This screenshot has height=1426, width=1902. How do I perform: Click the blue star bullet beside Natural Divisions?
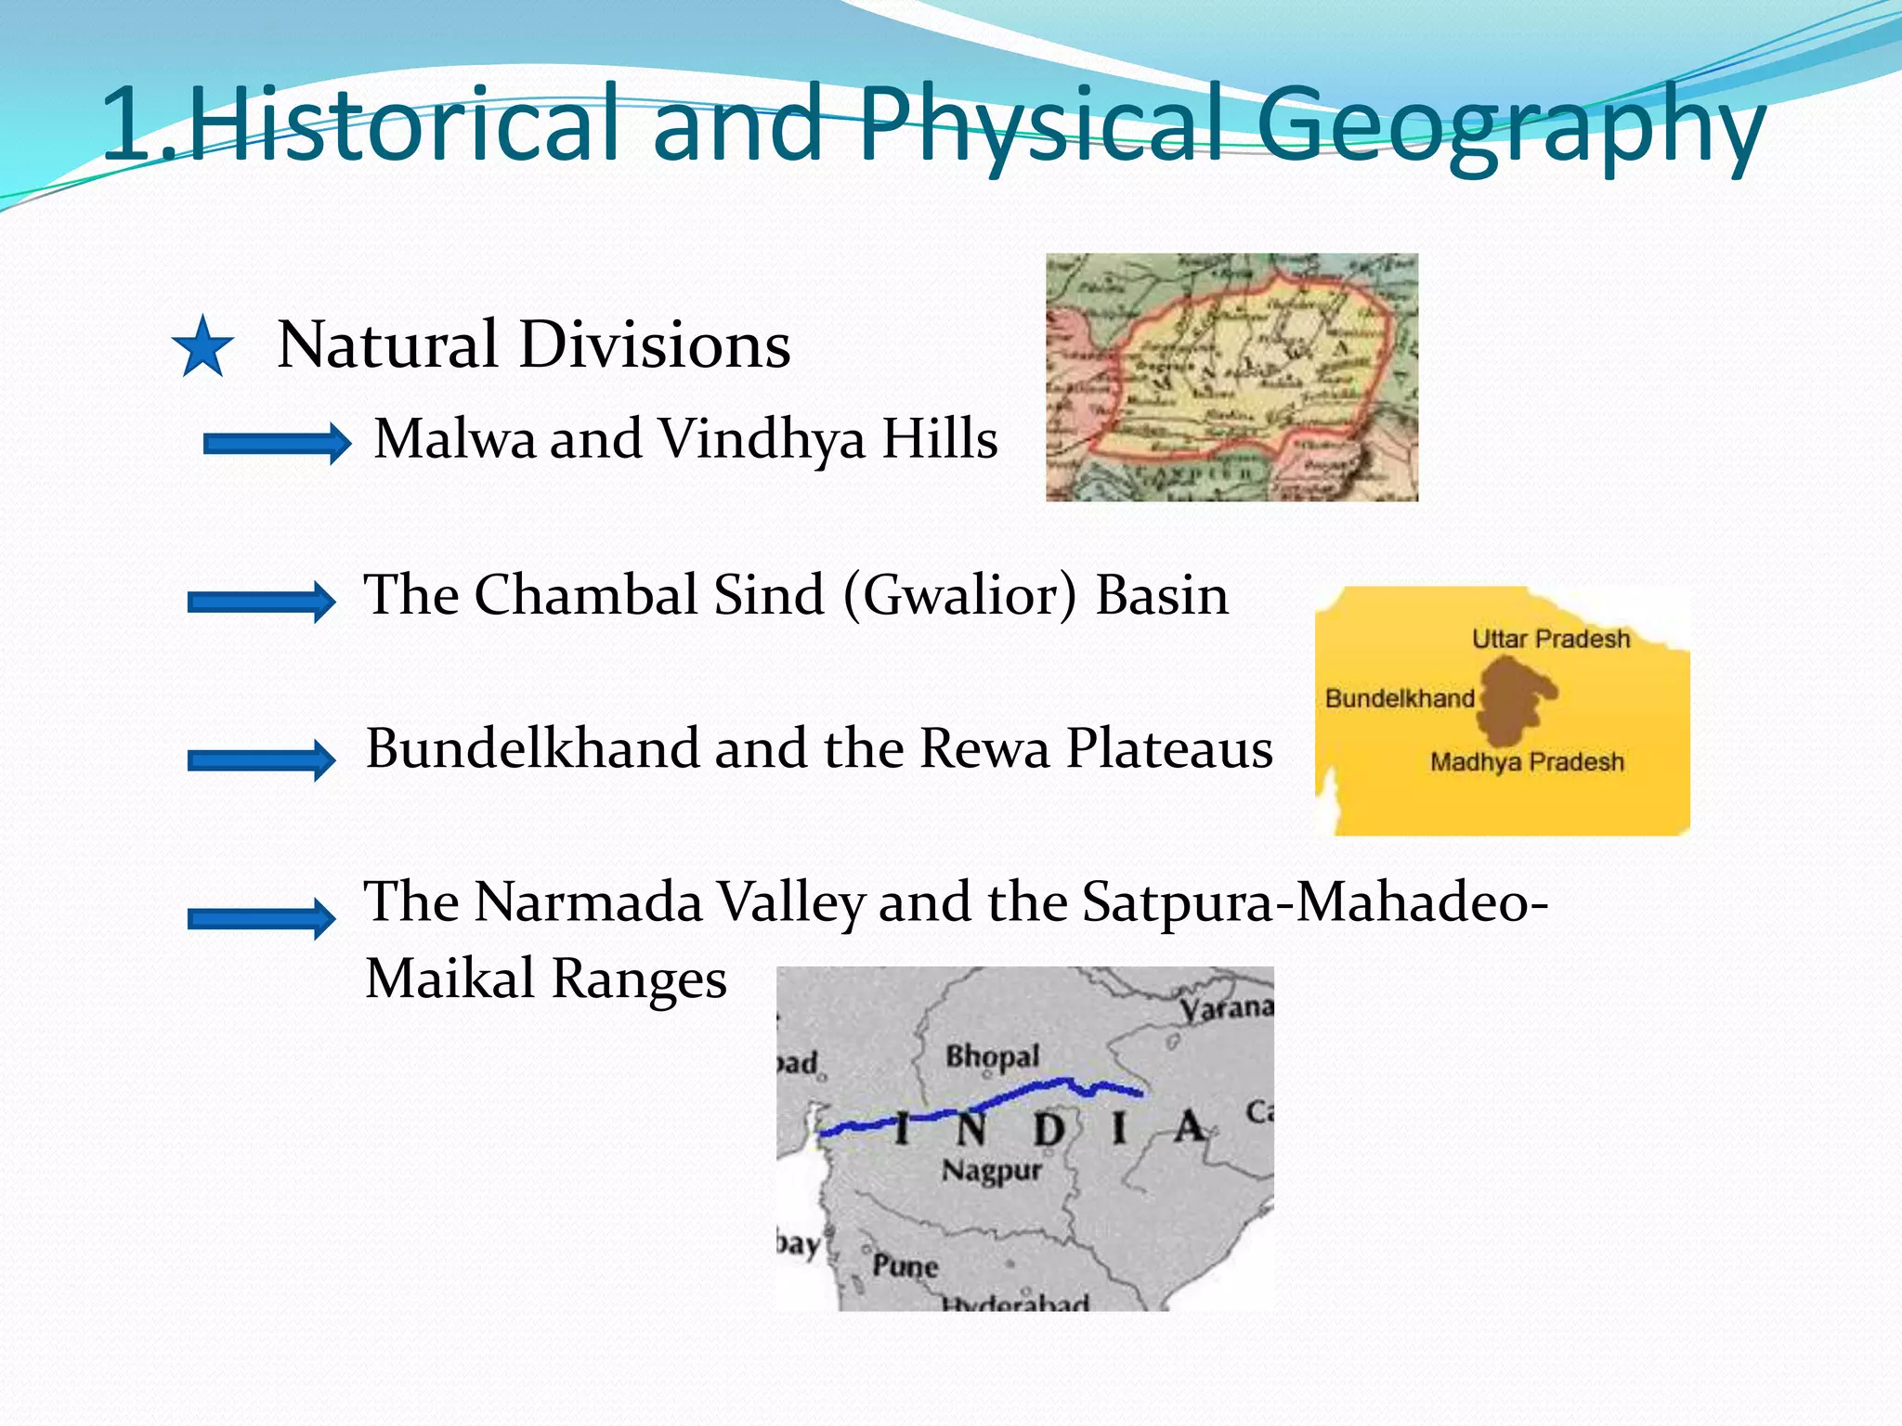click(x=202, y=347)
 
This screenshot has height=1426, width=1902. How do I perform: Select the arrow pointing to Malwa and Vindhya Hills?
click(x=277, y=444)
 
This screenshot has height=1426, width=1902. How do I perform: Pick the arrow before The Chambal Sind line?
click(x=261, y=602)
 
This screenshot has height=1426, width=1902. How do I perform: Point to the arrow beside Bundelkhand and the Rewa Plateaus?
click(x=261, y=760)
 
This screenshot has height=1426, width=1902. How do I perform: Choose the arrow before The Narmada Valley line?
click(x=261, y=918)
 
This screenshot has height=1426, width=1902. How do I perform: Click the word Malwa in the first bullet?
click(x=455, y=438)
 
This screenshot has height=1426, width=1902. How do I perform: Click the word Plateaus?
click(x=1169, y=748)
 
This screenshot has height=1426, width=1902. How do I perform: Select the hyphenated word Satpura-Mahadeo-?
click(x=1314, y=901)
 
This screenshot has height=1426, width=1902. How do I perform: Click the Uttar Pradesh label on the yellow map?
click(x=1550, y=639)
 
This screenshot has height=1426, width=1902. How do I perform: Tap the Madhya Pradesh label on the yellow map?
click(x=1527, y=762)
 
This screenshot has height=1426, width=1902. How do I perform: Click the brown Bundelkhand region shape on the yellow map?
click(x=1512, y=700)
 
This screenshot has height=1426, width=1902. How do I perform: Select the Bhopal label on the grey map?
click(x=992, y=1057)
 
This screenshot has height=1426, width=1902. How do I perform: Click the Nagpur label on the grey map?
click(x=992, y=1171)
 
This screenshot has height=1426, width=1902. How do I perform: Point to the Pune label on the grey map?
click(x=905, y=1266)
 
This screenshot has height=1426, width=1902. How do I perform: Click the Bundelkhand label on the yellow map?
click(x=1399, y=698)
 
